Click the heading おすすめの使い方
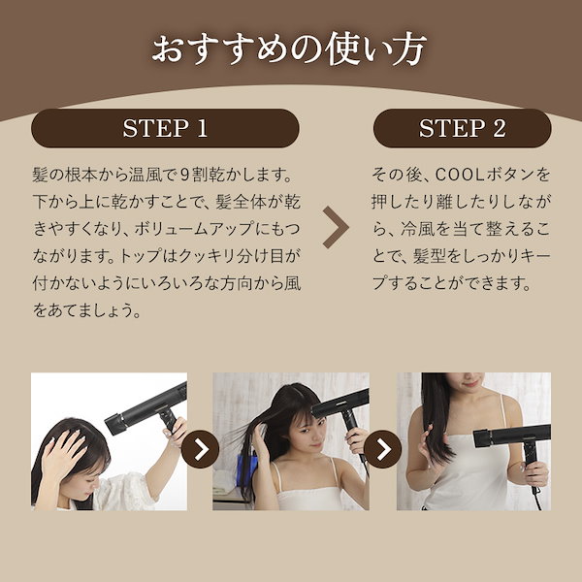click(x=289, y=49)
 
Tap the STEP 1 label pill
click(x=165, y=128)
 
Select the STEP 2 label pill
click(x=462, y=128)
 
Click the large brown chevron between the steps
click(x=336, y=228)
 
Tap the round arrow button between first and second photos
click(x=201, y=449)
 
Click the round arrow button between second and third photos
click(x=383, y=449)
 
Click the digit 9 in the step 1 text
click(x=185, y=176)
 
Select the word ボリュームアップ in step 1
click(x=194, y=229)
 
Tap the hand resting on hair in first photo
click(x=64, y=450)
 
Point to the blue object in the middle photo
click(x=246, y=469)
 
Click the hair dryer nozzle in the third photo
click(x=482, y=438)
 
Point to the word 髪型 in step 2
click(x=429, y=256)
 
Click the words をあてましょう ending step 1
click(x=87, y=310)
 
